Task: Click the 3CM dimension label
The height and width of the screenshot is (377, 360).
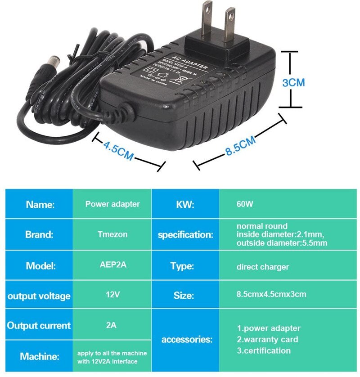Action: coord(293,83)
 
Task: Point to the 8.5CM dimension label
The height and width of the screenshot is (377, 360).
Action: coord(241,146)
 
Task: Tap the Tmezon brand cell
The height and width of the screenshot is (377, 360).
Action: coord(112,234)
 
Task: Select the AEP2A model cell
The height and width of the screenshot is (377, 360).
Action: coord(112,265)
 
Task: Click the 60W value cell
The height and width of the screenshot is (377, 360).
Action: coord(245,204)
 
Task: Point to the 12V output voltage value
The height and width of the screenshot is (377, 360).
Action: coord(112,295)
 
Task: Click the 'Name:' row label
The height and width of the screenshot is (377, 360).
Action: coord(40,204)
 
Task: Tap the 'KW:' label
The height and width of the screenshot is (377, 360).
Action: coord(184,204)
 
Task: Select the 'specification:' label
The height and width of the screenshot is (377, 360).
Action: coord(185,234)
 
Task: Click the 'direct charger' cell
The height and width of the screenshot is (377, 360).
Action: coord(262,267)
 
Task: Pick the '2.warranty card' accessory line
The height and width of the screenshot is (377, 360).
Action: coord(267,339)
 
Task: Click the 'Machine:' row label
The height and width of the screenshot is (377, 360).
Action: coord(40,356)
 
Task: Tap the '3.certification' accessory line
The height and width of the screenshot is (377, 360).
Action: coord(264,350)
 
